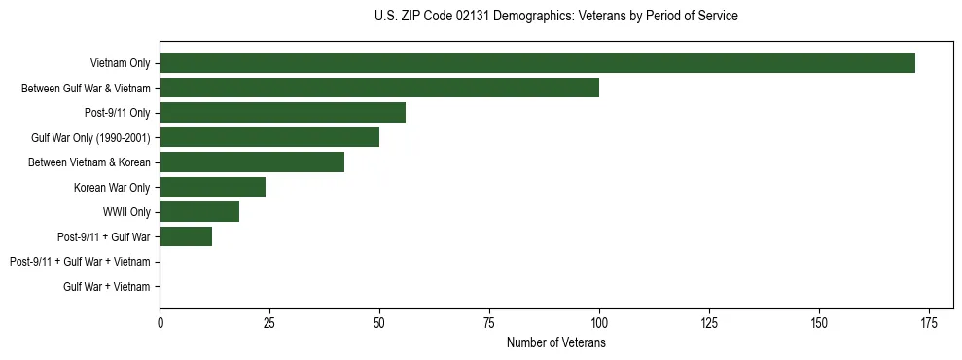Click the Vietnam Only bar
click(x=537, y=63)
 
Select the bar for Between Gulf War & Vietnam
click(x=379, y=88)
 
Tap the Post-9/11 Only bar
click(x=282, y=113)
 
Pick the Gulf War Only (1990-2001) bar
click(x=269, y=137)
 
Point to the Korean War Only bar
click(x=212, y=187)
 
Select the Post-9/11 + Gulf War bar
click(x=186, y=236)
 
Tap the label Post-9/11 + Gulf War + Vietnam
click(x=80, y=262)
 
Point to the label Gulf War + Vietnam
click(x=107, y=287)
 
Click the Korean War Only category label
click(x=112, y=187)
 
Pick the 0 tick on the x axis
click(x=160, y=322)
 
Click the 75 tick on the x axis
click(x=489, y=322)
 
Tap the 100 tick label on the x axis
click(x=599, y=322)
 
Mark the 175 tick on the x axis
click(x=929, y=322)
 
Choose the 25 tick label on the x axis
click(x=269, y=322)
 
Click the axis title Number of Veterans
click(x=556, y=342)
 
